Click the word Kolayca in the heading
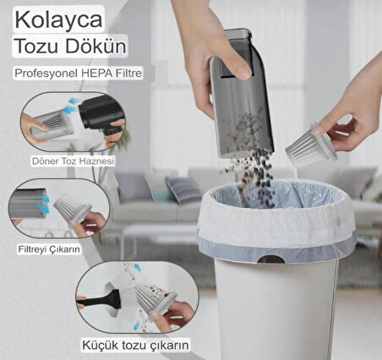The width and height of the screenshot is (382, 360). tap(58, 19)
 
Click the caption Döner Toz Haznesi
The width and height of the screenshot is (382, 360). tap(73, 161)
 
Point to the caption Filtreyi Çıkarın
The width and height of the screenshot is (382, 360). tap(49, 249)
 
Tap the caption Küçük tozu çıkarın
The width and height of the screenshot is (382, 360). tap(135, 345)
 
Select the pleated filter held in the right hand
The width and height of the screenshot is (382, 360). tap(311, 145)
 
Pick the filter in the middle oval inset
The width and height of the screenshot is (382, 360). tap(73, 208)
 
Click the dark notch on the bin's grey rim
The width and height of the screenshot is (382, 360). tap(271, 259)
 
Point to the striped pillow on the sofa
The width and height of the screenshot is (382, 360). tap(183, 189)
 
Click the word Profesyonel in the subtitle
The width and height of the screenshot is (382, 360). tap(46, 74)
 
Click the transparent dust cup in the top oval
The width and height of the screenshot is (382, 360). tap(52, 125)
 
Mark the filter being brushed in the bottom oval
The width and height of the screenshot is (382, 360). tap(156, 299)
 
